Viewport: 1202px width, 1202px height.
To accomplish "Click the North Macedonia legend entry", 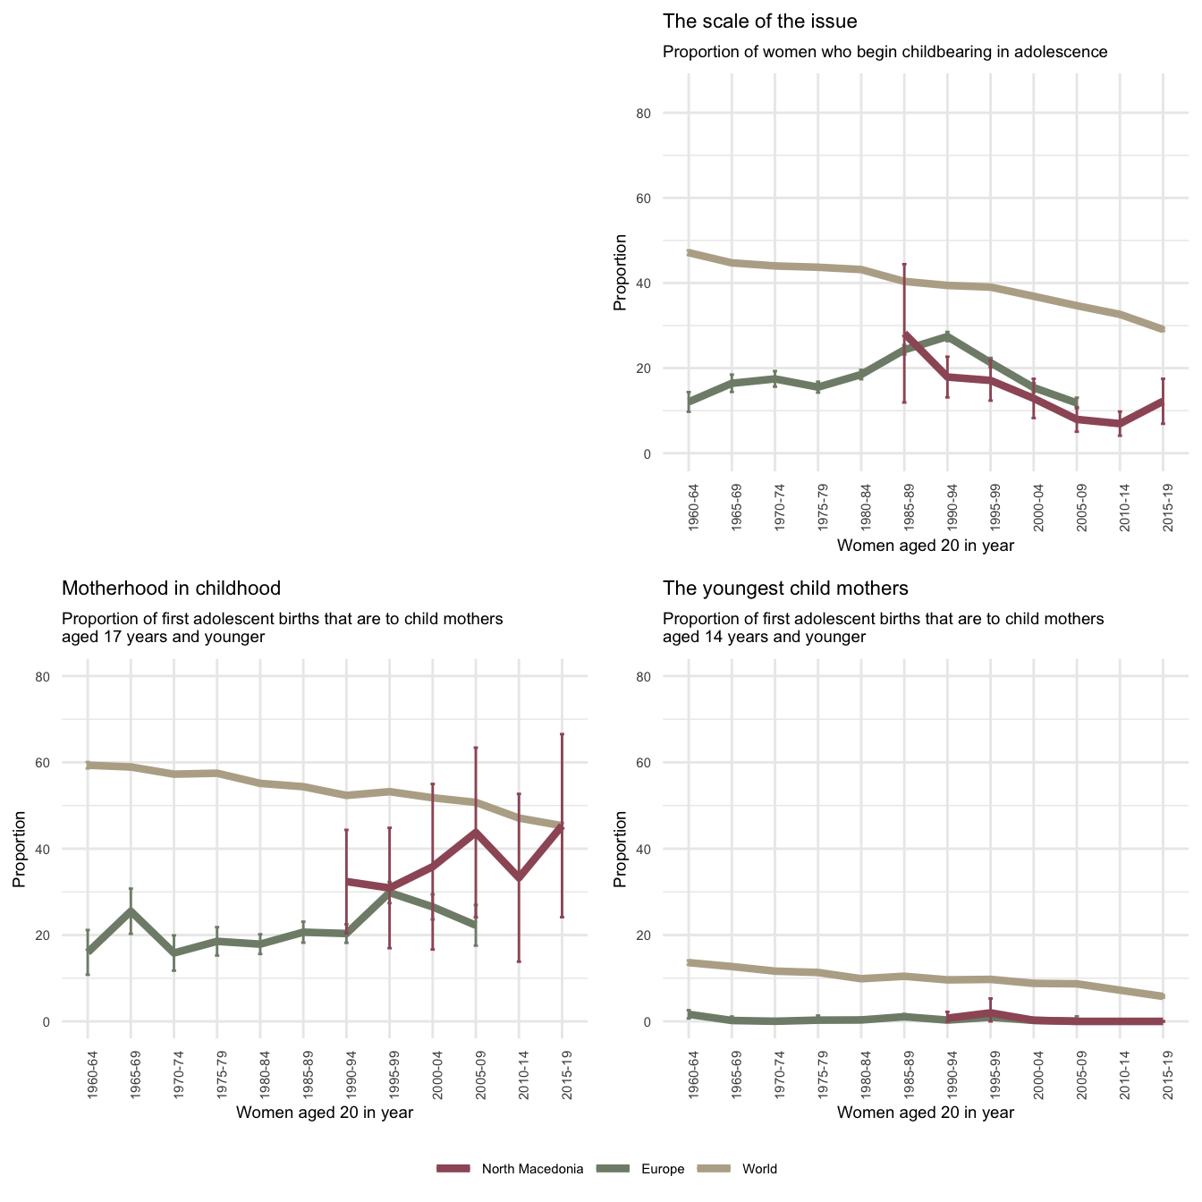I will (x=532, y=1169).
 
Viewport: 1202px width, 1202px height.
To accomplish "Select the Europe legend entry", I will (x=663, y=1169).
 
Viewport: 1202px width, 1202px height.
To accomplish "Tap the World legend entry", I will (x=759, y=1169).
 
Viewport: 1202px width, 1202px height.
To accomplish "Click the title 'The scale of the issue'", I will (x=759, y=21).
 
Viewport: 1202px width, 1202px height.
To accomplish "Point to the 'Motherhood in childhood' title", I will (x=171, y=588).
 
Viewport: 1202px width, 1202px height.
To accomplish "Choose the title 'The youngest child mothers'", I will (x=785, y=588).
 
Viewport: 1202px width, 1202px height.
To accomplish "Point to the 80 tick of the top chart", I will (x=669, y=114).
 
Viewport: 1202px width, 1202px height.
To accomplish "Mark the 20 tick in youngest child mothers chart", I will (x=669, y=935).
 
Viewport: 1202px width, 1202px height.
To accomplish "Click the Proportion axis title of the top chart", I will (x=620, y=273).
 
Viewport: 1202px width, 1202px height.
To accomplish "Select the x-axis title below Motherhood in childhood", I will (x=324, y=1113).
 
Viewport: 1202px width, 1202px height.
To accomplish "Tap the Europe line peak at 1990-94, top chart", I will (x=948, y=336).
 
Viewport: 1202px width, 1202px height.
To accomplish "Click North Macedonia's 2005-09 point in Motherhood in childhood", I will (x=476, y=832).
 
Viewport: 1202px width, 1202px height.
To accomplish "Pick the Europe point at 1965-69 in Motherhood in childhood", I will (x=131, y=911).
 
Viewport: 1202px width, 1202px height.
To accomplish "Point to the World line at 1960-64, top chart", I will (x=690, y=253).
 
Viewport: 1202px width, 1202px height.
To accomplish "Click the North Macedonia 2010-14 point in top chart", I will (x=1120, y=424).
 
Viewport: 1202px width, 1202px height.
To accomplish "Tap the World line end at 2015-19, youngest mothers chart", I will (x=1163, y=996).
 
